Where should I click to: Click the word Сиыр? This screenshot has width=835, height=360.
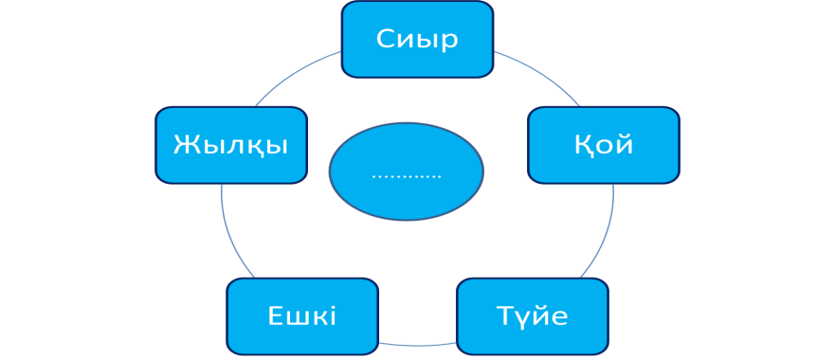tap(417, 39)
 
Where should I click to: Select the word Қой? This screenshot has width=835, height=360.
tap(604, 144)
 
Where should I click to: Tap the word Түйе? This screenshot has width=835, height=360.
tap(532, 315)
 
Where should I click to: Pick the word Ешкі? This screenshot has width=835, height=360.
tap(302, 315)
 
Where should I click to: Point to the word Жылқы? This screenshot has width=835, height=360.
tap(230, 145)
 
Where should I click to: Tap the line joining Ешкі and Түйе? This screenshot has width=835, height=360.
tap(417, 345)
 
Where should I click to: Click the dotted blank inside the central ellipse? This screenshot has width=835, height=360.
tap(407, 176)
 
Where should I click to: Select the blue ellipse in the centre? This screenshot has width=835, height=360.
tap(407, 171)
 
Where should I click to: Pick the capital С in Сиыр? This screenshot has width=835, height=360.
tap(386, 39)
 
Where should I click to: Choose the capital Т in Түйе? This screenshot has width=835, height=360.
tap(505, 315)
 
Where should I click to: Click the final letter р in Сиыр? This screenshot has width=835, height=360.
tap(450, 42)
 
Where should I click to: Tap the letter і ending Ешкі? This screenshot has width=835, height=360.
tap(333, 315)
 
